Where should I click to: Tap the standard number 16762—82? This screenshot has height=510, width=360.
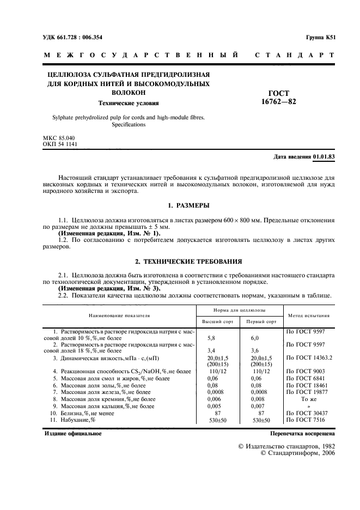pyautogui.click(x=278, y=102)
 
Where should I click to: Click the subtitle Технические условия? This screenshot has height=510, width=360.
pyautogui.click(x=128, y=102)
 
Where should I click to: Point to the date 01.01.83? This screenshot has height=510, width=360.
pyautogui.click(x=324, y=157)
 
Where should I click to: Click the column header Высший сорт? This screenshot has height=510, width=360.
pyautogui.click(x=216, y=321)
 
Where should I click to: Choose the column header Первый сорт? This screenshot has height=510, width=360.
pyautogui.click(x=261, y=321)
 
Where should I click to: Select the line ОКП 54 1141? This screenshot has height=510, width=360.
pyautogui.click(x=60, y=144)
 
